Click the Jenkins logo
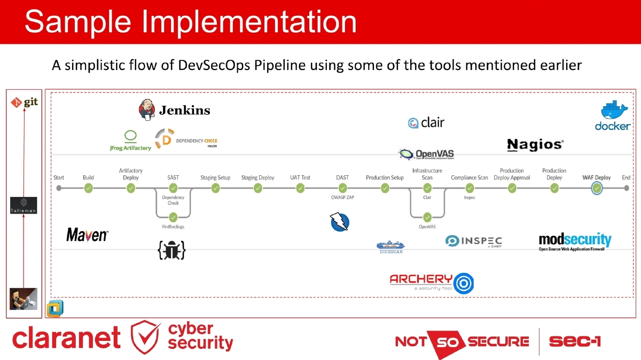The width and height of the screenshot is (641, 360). tap(174, 109)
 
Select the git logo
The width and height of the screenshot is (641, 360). tap(25, 101)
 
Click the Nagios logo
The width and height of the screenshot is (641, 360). tap(535, 145)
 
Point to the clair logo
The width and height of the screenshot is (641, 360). tap(426, 123)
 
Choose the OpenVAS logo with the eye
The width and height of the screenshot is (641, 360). tap(426, 154)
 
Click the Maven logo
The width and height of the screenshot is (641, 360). tap(87, 235)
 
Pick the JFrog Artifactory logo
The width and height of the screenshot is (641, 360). tap(131, 140)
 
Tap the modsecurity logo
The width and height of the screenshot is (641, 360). tap(575, 241)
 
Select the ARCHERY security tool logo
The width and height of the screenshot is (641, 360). tap(432, 282)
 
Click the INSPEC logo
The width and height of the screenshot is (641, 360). tap(473, 241)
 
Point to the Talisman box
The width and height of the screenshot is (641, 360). tap(24, 205)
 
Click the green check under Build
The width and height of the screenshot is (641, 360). tap(88, 188)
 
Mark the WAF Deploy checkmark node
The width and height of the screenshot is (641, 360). tap(597, 188)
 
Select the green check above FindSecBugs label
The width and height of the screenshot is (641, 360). tap(173, 217)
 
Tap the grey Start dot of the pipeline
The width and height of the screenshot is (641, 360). tap(59, 188)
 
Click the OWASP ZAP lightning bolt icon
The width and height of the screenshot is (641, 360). tap(339, 222)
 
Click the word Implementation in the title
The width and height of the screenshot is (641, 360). tap(250, 22)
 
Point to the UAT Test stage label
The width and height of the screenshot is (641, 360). tap(300, 177)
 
